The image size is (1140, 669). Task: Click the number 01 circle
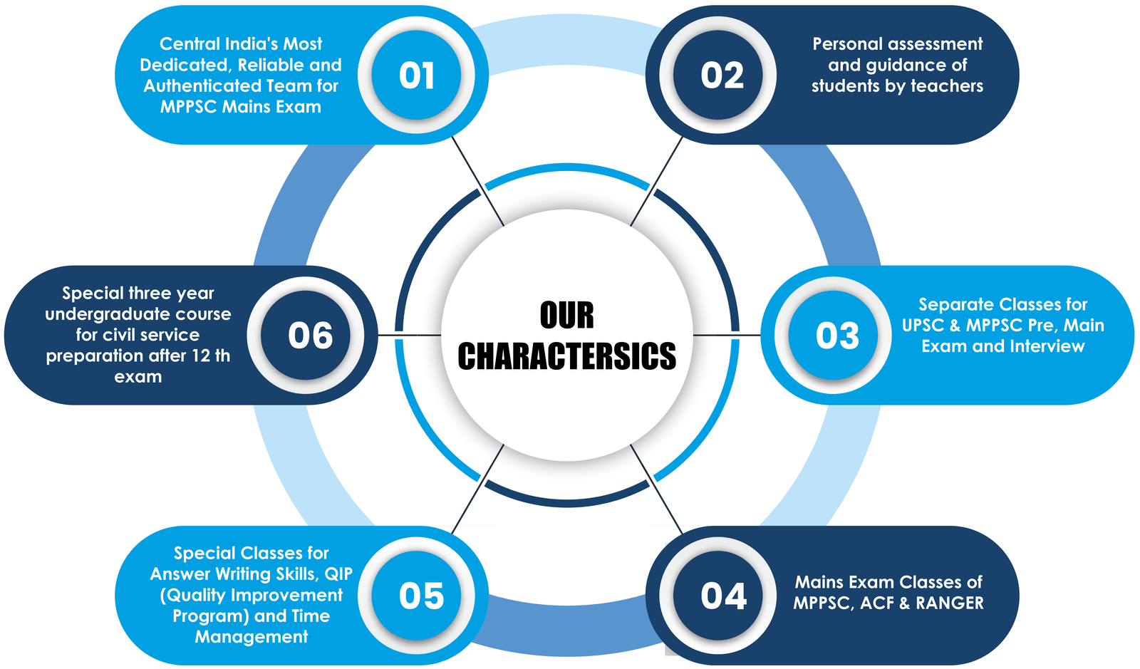pyautogui.click(x=416, y=76)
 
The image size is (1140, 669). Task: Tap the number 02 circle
pyautogui.click(x=718, y=76)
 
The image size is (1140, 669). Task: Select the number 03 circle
pyautogui.click(x=833, y=336)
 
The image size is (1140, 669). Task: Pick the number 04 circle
pyautogui.click(x=718, y=596)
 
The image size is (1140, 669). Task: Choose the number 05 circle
pyautogui.click(x=416, y=596)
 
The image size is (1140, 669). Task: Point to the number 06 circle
pyautogui.click(x=306, y=336)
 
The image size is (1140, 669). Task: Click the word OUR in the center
pyautogui.click(x=567, y=316)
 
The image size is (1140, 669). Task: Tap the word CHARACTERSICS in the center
pyautogui.click(x=567, y=356)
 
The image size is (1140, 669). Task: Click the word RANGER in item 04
pyautogui.click(x=950, y=603)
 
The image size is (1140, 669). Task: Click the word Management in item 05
pyautogui.click(x=252, y=637)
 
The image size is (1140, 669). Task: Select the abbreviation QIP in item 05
pyautogui.click(x=338, y=574)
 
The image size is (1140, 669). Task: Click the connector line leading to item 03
pyautogui.click(x=727, y=336)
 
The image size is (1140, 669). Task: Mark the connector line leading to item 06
pyautogui.click(x=410, y=336)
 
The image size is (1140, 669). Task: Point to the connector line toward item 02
pyautogui.click(x=656, y=181)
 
